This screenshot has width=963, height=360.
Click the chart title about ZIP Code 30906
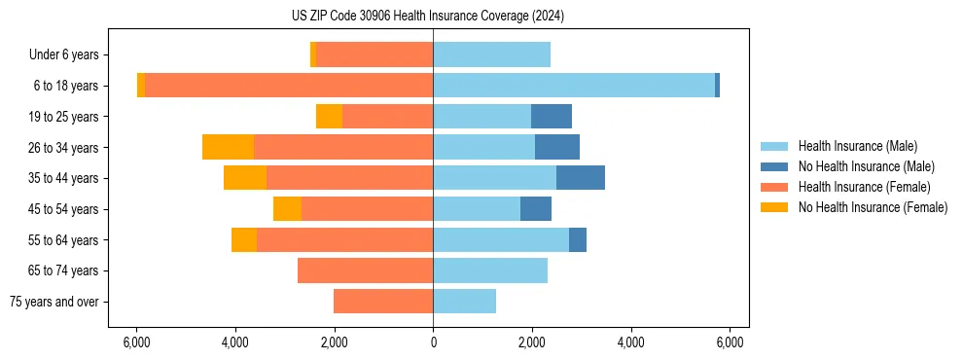tap(427, 17)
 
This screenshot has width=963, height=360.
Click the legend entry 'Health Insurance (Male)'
tap(857, 146)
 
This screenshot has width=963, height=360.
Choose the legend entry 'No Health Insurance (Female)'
tap(873, 207)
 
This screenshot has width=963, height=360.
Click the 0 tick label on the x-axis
tap(433, 342)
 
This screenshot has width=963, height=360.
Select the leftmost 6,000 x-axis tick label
tap(136, 342)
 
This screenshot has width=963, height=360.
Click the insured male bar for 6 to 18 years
tap(574, 86)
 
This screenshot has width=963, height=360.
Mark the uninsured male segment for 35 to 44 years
tap(581, 178)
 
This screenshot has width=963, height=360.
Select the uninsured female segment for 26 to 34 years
tap(228, 147)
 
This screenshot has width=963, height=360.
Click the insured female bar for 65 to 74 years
tap(365, 270)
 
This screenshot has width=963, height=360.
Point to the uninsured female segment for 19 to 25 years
tap(329, 117)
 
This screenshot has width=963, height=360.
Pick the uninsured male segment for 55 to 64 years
tap(578, 239)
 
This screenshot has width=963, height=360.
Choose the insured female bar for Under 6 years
tap(374, 54)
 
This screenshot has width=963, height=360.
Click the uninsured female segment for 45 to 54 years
tap(287, 209)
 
